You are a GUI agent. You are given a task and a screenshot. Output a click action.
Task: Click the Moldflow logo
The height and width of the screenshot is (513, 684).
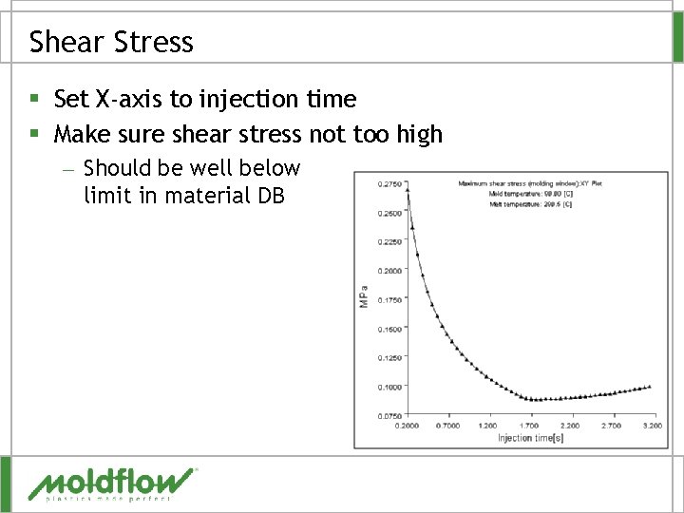coord(112,484)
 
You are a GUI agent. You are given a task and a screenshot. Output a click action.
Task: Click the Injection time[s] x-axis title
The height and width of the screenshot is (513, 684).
coord(530,438)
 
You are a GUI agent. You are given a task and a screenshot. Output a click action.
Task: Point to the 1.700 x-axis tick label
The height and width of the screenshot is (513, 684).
coord(529,427)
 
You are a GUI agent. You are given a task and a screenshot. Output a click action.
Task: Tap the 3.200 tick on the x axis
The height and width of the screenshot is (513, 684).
coord(651,427)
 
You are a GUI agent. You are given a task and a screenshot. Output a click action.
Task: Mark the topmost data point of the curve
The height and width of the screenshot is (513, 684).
coord(408,189)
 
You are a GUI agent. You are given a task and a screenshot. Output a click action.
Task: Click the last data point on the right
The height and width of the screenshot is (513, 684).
coord(650,386)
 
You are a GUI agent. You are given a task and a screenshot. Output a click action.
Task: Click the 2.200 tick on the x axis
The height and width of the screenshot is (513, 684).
coord(570,427)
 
